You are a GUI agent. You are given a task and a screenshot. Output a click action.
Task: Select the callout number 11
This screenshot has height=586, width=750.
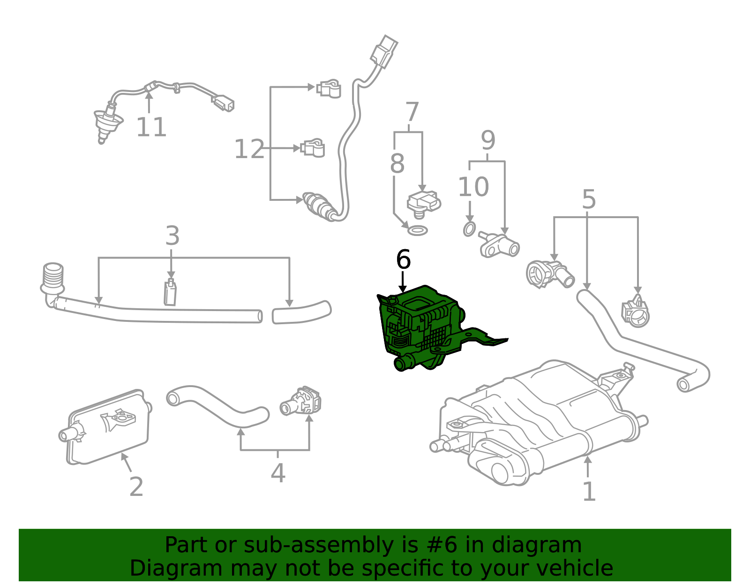tap(151, 127)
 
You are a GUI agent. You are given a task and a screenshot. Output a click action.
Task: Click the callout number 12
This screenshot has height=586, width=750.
tap(249, 149)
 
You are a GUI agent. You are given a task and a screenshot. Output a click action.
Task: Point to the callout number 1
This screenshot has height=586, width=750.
tap(589, 491)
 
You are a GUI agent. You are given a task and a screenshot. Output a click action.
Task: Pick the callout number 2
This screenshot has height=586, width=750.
tap(136, 487)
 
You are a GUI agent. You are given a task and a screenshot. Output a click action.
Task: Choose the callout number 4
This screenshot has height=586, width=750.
tap(277, 473)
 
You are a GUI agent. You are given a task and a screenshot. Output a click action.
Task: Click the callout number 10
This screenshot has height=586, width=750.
tap(473, 187)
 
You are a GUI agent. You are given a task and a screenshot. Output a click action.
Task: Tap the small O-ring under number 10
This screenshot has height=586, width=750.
tap(469, 229)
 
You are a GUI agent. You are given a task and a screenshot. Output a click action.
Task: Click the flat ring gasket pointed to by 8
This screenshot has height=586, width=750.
tap(417, 230)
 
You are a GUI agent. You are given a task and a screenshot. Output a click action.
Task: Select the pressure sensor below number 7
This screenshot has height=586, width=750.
tap(423, 203)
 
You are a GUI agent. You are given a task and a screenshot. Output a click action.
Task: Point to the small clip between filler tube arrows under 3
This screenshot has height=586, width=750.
tap(170, 293)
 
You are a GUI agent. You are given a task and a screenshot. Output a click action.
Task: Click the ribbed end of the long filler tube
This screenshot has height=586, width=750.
tap(53, 277)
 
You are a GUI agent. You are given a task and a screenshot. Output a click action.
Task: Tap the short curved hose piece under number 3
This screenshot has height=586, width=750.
tap(301, 312)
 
